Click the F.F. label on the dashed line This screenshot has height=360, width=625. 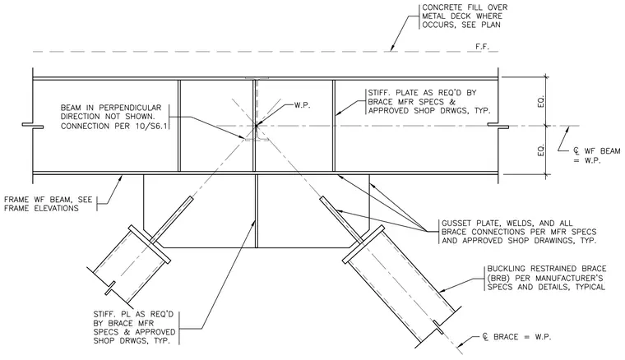click(482, 47)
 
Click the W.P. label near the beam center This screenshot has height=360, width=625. click(302, 105)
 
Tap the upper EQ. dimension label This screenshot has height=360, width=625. click(541, 101)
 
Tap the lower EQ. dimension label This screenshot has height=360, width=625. click(541, 150)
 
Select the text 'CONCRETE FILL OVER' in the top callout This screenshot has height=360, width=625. click(465, 7)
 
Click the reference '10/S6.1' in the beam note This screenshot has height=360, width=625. click(159, 127)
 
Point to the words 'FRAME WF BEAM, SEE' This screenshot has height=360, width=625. click(48, 199)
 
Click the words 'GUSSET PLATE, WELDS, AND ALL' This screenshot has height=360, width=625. click(507, 223)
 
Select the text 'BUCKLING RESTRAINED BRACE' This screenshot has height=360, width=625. click(547, 269)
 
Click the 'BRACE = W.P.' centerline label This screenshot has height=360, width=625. click(522, 337)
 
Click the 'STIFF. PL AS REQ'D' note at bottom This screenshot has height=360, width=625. click(133, 314)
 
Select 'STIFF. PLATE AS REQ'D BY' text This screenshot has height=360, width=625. click(422, 93)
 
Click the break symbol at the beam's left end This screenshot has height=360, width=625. click(33, 127)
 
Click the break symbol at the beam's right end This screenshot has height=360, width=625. click(498, 127)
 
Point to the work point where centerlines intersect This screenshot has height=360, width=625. click(256, 127)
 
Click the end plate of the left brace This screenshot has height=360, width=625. click(149, 244)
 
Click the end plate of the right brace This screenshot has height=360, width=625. click(363, 244)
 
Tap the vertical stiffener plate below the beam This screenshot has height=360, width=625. click(256, 211)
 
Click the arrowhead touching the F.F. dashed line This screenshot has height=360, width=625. click(392, 48)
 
